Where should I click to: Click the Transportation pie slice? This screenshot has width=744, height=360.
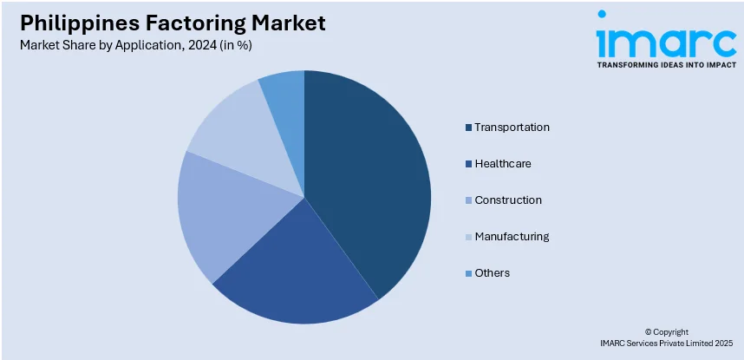[373, 173]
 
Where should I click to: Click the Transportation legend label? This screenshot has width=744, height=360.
[512, 128]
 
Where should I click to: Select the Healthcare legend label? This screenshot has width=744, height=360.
[503, 164]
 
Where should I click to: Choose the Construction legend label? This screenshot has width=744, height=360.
[508, 200]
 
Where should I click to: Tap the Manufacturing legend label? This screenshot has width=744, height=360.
[512, 237]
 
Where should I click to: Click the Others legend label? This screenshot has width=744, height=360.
[492, 273]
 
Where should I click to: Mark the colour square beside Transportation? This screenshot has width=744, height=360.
[468, 128]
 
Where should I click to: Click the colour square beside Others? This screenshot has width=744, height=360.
[468, 274]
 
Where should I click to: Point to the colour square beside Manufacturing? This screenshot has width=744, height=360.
[468, 238]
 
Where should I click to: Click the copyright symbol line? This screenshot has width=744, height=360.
[666, 332]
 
